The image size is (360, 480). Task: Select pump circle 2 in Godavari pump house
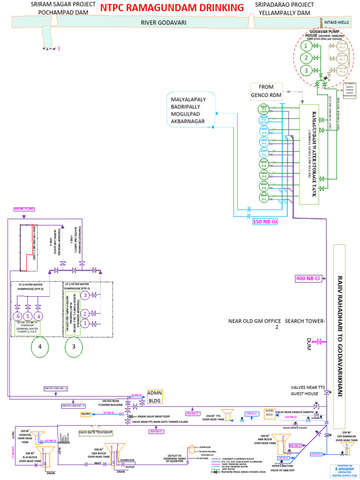[x=306, y=58]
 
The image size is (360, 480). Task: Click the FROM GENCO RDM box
[x=265, y=91]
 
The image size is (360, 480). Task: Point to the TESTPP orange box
[x=86, y=414]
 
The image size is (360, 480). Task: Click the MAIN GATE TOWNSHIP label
[x=96, y=432]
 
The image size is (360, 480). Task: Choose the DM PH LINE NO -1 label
[x=56, y=389]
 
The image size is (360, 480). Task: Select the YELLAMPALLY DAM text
[x=283, y=13]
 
